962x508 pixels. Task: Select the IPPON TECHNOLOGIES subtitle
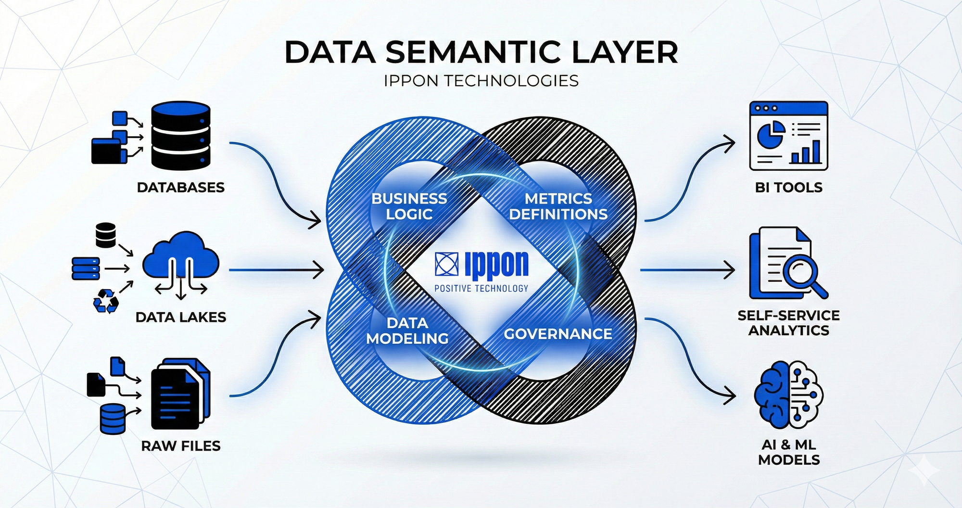[481, 81]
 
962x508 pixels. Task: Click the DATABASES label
[181, 187]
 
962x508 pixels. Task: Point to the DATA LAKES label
[181, 317]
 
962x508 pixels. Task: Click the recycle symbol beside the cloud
[106, 301]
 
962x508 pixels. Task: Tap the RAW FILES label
[181, 446]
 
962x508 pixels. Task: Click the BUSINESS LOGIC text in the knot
[409, 206]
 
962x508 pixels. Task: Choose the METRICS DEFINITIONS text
[558, 206]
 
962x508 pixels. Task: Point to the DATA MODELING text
[407, 331]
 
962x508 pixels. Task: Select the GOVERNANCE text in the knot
[558, 334]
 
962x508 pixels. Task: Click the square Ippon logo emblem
[447, 264]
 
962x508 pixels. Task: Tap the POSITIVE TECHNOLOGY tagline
[481, 289]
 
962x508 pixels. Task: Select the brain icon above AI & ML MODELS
[789, 395]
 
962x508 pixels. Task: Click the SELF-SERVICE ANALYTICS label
[789, 323]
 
